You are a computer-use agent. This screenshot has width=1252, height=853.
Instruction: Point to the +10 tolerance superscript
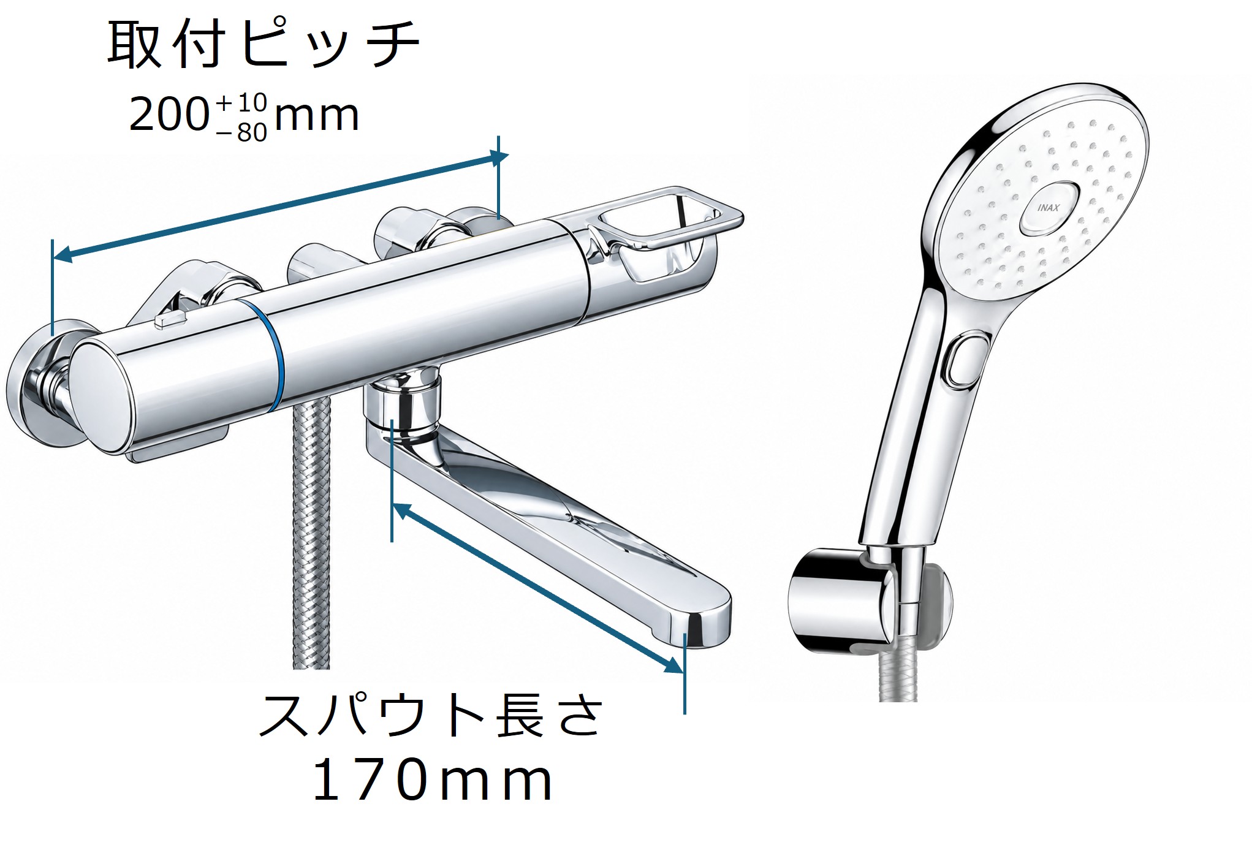coord(241,102)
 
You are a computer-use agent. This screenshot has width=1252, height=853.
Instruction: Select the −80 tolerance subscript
coord(242,132)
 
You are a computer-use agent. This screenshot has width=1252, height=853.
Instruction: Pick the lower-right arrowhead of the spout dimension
coord(675,666)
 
